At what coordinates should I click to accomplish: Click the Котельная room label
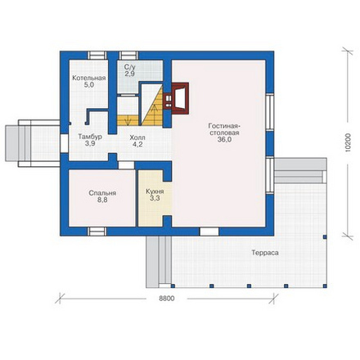89,79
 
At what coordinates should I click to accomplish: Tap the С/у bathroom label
129,67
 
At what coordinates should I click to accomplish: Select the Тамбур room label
90,137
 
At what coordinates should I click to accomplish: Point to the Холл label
137,137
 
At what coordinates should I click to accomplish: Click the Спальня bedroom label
102,193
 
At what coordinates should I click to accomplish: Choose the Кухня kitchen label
155,191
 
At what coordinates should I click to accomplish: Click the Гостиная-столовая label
224,129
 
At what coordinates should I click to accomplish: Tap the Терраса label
265,253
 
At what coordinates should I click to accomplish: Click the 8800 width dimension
167,299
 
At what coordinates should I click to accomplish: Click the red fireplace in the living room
176,97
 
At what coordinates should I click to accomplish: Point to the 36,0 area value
224,140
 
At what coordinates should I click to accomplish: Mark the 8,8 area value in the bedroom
102,200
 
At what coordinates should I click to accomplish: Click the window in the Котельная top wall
97,56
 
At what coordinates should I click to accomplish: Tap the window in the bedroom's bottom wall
97,232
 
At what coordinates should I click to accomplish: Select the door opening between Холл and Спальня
126,165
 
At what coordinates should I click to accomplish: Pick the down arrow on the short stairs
129,120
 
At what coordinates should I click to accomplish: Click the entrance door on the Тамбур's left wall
64,143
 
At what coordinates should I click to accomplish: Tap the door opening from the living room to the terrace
209,232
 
